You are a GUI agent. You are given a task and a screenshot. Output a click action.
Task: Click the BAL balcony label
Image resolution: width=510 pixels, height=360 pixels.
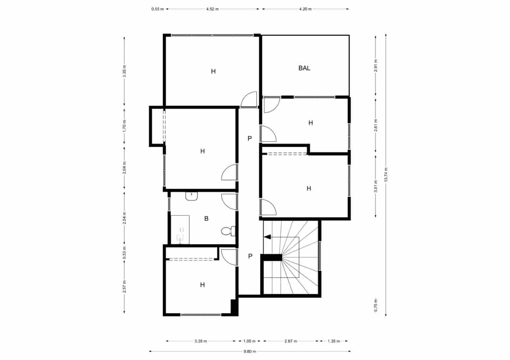tap(304, 68)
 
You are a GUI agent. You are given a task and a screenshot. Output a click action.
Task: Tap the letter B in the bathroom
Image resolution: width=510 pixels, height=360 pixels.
tap(206, 219)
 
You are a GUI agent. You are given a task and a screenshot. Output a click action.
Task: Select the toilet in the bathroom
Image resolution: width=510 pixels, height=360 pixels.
tap(228, 231)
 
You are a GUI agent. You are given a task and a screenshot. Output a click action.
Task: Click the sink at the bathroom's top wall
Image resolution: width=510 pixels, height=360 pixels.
tap(191, 196)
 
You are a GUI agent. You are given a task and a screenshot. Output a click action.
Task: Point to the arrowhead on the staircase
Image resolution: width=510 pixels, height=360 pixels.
tap(267, 237)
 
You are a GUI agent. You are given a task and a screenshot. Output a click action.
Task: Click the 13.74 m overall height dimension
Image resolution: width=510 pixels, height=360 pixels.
tap(386, 175)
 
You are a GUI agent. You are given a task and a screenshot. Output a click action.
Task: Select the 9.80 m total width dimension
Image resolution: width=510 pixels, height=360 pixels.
tap(250, 351)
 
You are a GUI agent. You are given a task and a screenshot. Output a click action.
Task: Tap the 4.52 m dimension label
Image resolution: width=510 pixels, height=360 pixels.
tap(213, 9)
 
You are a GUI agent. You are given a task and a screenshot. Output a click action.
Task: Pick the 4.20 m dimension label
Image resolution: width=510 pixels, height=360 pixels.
tap(305, 9)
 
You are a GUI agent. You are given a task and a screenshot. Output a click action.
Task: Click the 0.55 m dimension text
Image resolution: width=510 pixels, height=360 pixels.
tap(158, 9)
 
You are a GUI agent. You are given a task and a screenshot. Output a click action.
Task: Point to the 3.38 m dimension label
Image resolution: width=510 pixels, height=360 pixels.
tap(201, 341)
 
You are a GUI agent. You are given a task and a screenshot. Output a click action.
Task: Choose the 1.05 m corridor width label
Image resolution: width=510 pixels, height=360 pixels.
tap(249, 341)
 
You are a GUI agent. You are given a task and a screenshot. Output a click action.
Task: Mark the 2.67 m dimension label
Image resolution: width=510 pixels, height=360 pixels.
tap(291, 341)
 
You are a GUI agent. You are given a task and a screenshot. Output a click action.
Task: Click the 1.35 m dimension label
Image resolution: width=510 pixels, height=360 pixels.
tap(334, 341)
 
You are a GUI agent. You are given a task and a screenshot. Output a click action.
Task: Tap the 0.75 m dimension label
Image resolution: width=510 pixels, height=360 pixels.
tap(376, 305)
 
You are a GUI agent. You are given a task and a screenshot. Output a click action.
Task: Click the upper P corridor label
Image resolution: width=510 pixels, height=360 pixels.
tap(250, 138)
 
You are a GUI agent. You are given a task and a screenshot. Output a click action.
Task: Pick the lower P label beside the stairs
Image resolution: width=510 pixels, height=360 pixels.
tap(250, 256)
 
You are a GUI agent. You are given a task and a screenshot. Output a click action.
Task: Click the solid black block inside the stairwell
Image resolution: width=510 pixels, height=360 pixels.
tap(271, 257)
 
